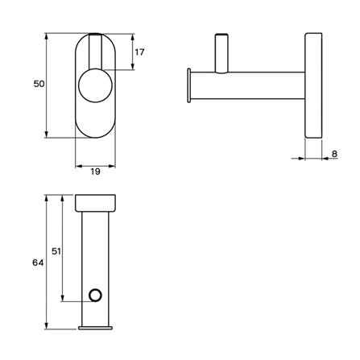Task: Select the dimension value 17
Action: [x=139, y=53]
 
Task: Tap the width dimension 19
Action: [x=96, y=172]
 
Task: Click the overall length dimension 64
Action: [x=38, y=263]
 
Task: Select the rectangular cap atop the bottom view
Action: [x=96, y=202]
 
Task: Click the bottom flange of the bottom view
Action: [x=96, y=326]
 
